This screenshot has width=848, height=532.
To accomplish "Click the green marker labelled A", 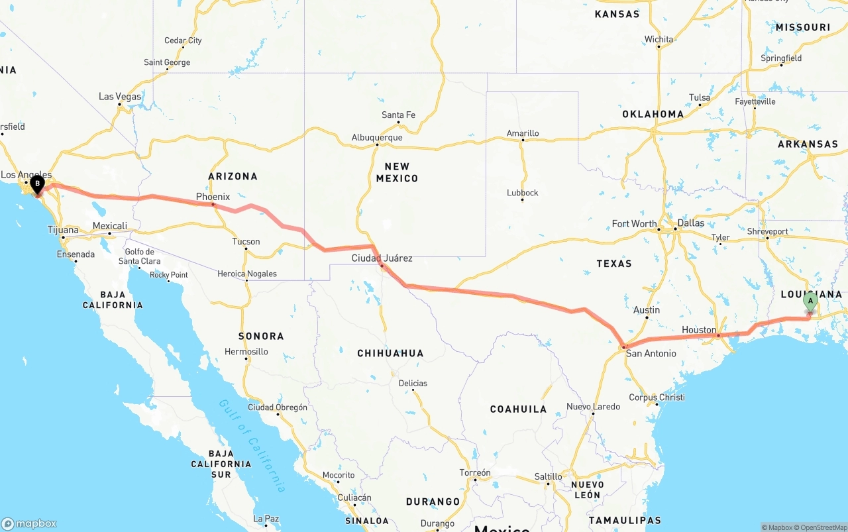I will [810, 302].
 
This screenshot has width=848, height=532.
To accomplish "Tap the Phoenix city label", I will [213, 197].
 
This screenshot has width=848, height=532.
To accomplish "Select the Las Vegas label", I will [120, 97].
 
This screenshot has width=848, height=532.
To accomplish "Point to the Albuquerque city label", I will [377, 138].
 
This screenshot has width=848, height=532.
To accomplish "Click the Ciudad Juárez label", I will [382, 258].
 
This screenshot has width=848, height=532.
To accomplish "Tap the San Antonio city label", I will [651, 353].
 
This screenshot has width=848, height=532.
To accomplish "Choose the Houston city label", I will [699, 330].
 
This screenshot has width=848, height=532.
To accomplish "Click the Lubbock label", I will [522, 193].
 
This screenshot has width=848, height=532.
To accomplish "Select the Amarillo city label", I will [523, 133].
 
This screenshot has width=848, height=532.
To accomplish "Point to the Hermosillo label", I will [246, 351].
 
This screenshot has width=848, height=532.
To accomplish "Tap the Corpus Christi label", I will [657, 398].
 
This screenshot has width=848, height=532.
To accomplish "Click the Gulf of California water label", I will [253, 445].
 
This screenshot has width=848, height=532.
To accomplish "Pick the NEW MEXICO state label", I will [397, 172].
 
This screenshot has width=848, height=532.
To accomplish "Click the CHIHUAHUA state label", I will [390, 353].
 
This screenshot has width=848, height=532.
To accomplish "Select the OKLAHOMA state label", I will [653, 114].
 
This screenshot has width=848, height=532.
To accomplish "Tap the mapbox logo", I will [29, 523].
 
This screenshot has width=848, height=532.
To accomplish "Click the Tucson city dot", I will [246, 249].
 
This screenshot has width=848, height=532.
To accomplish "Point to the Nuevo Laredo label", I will [593, 406].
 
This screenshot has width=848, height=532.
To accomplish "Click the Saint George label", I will [167, 62].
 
